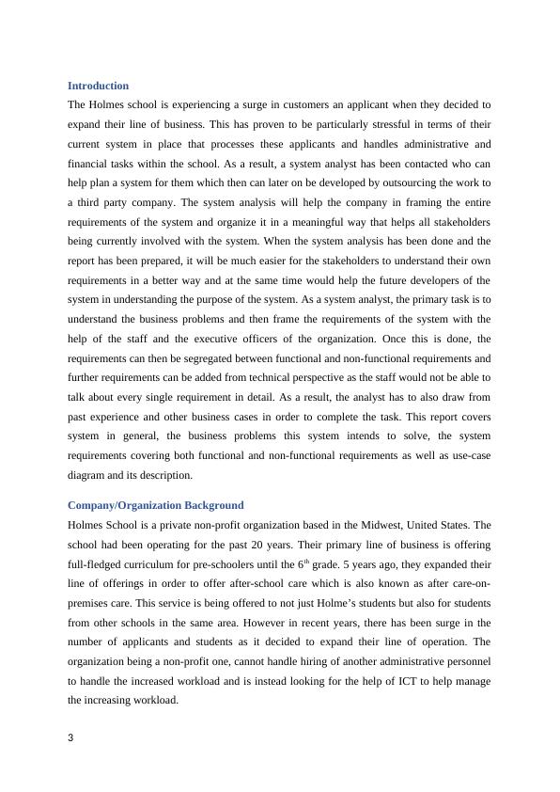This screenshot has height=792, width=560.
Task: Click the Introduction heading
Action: click(x=99, y=86)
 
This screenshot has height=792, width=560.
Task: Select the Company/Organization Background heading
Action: click(x=155, y=505)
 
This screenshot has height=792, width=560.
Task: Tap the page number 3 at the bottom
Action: click(x=71, y=737)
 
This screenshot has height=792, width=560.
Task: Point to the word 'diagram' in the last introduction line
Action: click(x=88, y=475)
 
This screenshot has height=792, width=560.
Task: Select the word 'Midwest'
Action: click(x=350, y=525)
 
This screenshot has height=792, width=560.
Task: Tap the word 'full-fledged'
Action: click(x=96, y=564)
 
